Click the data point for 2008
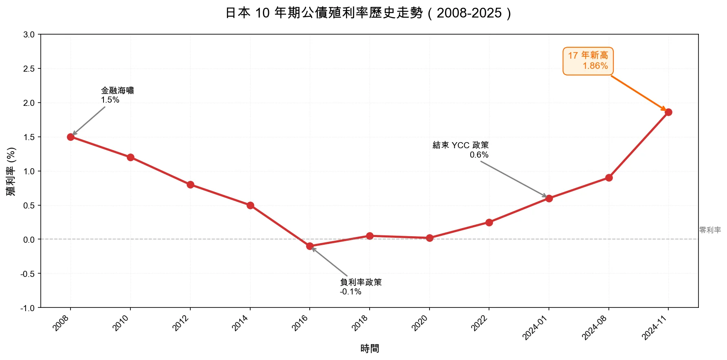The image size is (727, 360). pyautogui.click(x=70, y=137)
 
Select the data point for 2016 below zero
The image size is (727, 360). pyautogui.click(x=310, y=246)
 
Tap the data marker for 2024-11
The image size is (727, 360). pyautogui.click(x=668, y=112)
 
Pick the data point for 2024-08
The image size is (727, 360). pyautogui.click(x=609, y=178)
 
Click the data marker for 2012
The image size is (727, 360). pyautogui.click(x=190, y=184)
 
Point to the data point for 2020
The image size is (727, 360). pyautogui.click(x=430, y=238)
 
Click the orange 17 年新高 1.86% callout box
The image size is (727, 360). pyautogui.click(x=588, y=61)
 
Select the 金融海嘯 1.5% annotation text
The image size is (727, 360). pyautogui.click(x=117, y=95)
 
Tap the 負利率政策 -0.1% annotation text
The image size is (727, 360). pyautogui.click(x=360, y=287)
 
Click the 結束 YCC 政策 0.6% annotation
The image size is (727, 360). pyautogui.click(x=460, y=149)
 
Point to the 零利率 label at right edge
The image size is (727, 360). pyautogui.click(x=710, y=230)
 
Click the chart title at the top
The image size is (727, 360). pyautogui.click(x=368, y=13)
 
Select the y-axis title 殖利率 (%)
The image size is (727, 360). pyautogui.click(x=11, y=171)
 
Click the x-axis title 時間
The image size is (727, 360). pyautogui.click(x=369, y=349)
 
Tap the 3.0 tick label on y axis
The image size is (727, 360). pyautogui.click(x=29, y=35)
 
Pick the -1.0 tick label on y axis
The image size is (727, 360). pyautogui.click(x=28, y=308)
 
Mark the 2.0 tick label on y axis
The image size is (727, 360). pyautogui.click(x=29, y=103)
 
